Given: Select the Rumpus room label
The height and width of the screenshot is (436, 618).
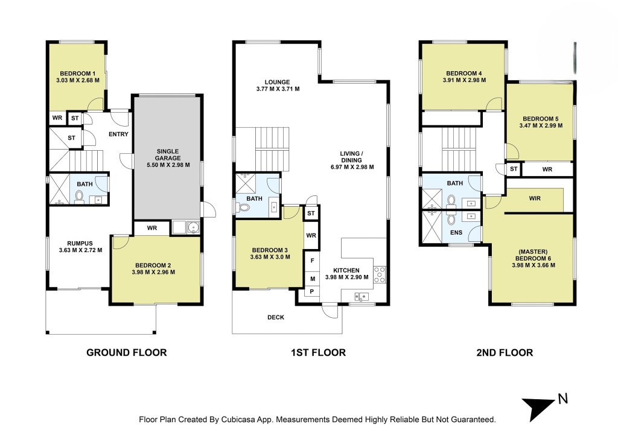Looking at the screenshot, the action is pos(80,244).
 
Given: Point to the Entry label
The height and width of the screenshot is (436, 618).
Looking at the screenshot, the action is pos(119,134).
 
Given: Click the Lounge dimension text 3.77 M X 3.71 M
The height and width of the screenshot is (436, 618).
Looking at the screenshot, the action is pos(278,89).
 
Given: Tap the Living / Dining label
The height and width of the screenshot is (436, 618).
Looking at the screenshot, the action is pos(352,157).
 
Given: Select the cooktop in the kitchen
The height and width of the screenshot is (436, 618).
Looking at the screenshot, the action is pos(380,274).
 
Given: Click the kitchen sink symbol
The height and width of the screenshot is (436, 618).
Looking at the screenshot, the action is pos(362,297).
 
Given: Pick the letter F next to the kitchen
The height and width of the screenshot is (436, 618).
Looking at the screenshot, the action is pos(313,261).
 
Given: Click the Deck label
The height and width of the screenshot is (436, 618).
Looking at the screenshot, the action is pos(275,317).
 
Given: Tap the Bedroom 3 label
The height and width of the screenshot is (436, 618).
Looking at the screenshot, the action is pos(270,250).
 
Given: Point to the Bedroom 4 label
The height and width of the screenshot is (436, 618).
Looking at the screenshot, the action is pos(464,73).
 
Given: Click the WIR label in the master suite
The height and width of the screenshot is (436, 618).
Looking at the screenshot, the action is pos(535,198).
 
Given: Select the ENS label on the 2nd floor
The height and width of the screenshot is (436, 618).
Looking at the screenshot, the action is pos(456,233).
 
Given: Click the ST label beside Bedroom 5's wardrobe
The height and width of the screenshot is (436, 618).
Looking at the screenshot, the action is pos(514,169).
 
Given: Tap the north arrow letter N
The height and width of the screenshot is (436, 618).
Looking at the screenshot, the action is pos(563,399).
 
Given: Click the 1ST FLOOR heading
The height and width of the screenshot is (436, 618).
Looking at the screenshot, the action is pos(319,353).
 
